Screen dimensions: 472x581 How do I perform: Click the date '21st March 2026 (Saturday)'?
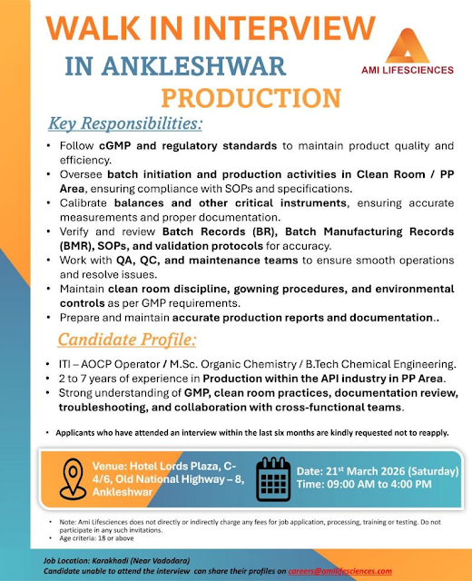[x=377, y=472]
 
